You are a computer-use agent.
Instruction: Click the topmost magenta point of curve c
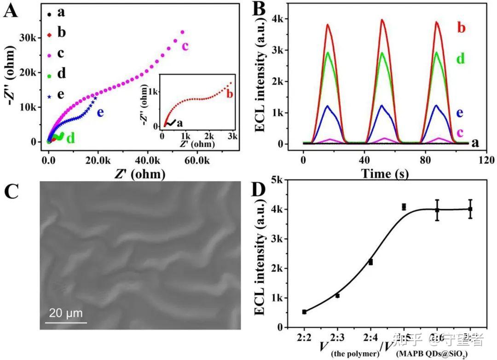click(x=183, y=32)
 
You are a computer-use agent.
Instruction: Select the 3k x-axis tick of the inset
click(x=232, y=137)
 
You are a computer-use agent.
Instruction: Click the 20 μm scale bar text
click(x=66, y=314)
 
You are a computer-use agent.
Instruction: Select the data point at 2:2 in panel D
click(x=304, y=312)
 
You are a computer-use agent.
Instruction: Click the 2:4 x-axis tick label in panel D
click(x=370, y=338)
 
